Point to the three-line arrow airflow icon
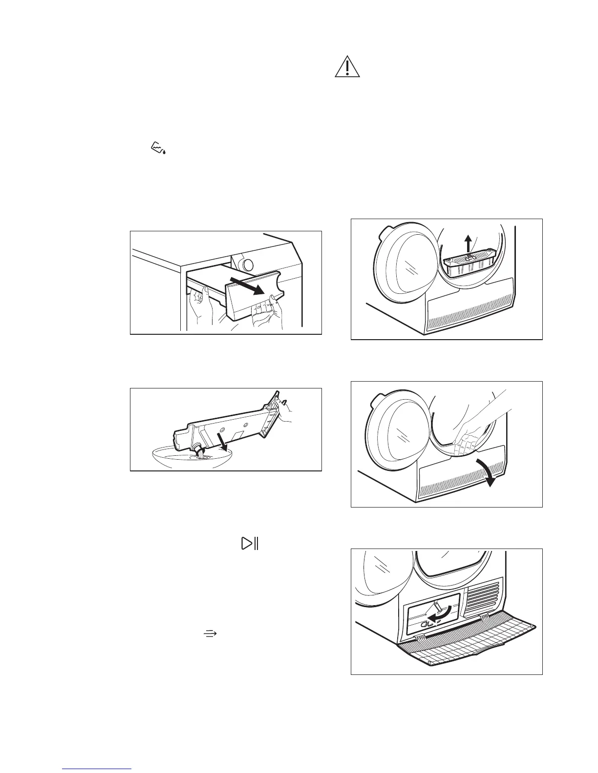[x=210, y=633]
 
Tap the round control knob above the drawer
[x=248, y=265]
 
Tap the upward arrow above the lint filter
[x=468, y=242]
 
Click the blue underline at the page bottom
[x=97, y=769]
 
